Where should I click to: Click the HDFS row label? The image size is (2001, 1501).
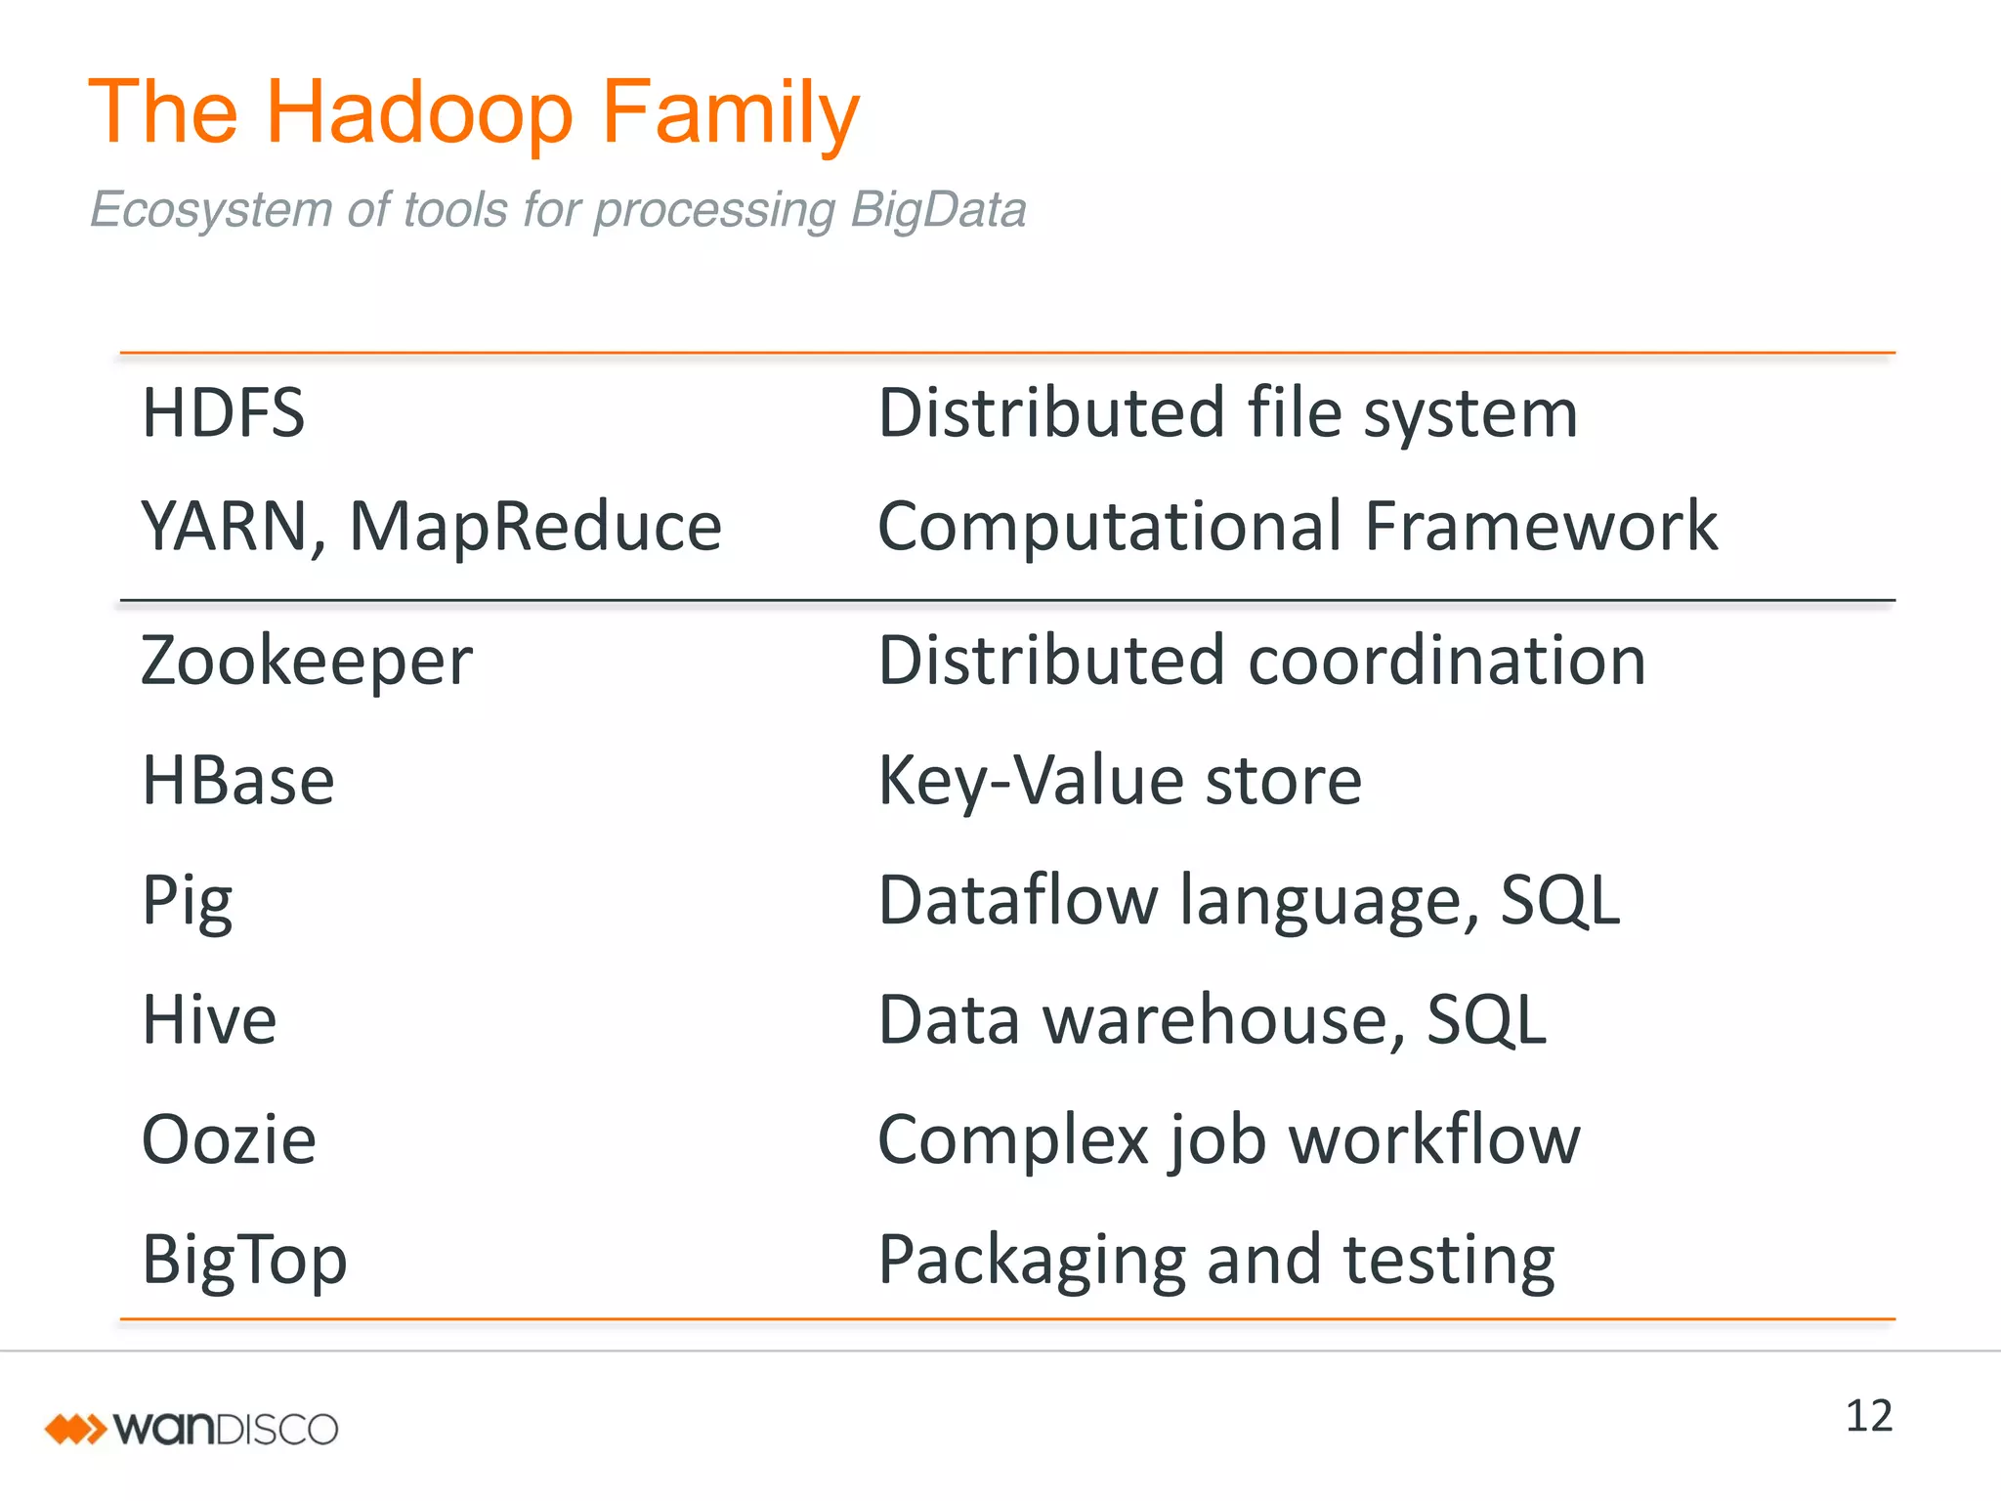[x=223, y=412]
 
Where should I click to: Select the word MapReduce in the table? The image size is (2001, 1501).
[x=535, y=527]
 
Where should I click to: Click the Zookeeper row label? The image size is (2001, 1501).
[x=307, y=662]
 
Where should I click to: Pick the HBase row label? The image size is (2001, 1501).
[x=238, y=781]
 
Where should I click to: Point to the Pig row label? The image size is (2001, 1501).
[x=188, y=901]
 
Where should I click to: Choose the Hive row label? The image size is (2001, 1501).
[x=209, y=1020]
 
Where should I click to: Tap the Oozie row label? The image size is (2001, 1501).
[x=230, y=1139]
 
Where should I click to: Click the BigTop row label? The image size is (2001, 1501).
[x=244, y=1260]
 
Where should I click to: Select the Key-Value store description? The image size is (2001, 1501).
[x=1120, y=781]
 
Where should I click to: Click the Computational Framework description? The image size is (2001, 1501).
[x=1298, y=527]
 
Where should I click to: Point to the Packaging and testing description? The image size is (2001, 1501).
[x=1216, y=1260]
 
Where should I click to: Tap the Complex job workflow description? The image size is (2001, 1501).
[x=1229, y=1139]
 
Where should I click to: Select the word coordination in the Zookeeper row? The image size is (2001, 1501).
[x=1447, y=662]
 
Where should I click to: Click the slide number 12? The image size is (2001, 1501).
[x=1868, y=1416]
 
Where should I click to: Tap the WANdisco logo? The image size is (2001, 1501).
[x=192, y=1429]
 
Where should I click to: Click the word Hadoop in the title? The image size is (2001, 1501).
[x=419, y=113]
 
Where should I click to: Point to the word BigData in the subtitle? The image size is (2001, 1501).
[x=938, y=210]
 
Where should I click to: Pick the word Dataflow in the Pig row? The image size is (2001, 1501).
[x=1017, y=901]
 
